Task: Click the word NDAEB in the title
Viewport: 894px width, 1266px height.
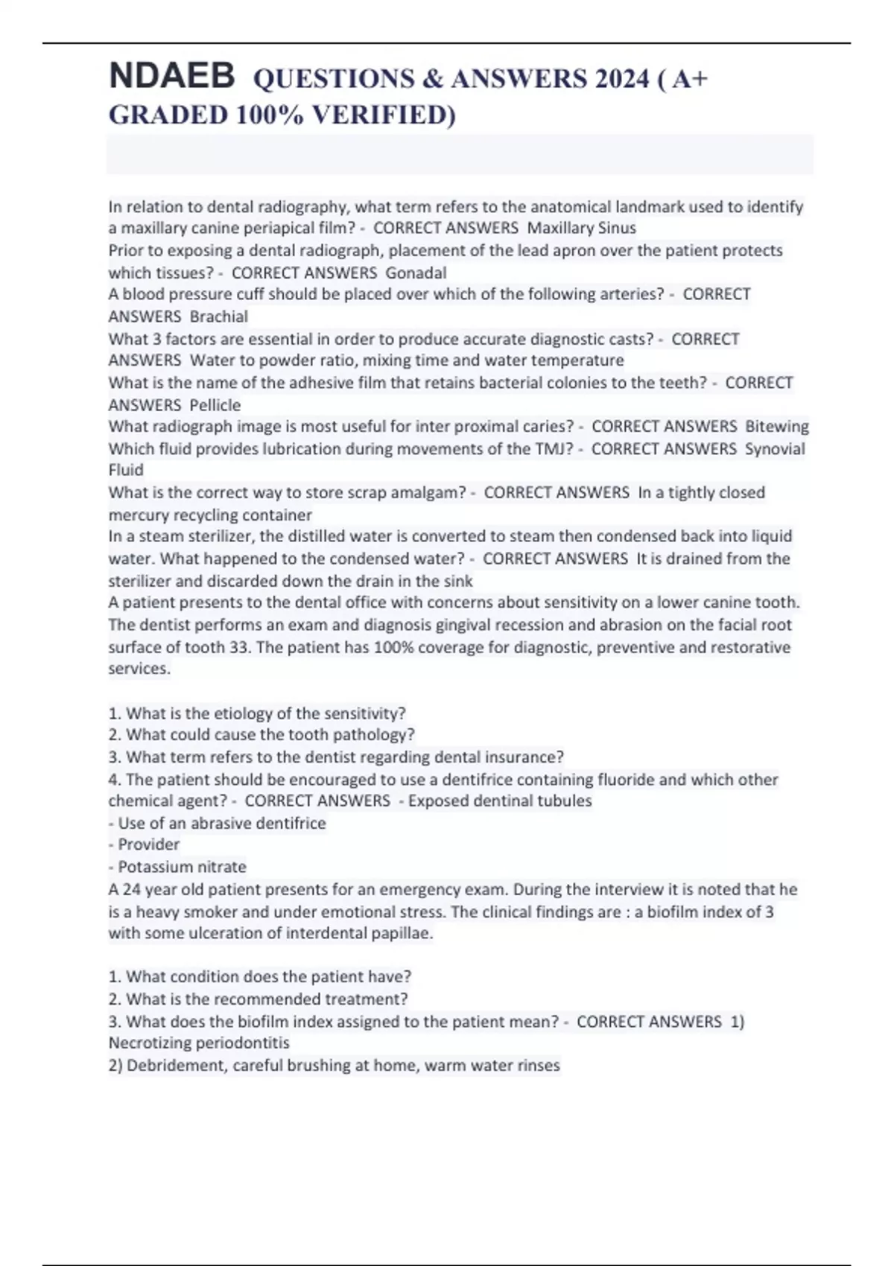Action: [171, 77]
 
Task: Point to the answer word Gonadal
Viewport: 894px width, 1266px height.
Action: [416, 273]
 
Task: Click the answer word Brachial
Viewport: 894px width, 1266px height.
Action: [218, 316]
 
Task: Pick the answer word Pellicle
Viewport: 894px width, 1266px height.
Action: [215, 405]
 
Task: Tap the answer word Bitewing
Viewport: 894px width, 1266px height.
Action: [777, 427]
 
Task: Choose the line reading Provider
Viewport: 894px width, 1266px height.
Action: [148, 844]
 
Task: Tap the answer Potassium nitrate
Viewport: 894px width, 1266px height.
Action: [182, 867]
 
